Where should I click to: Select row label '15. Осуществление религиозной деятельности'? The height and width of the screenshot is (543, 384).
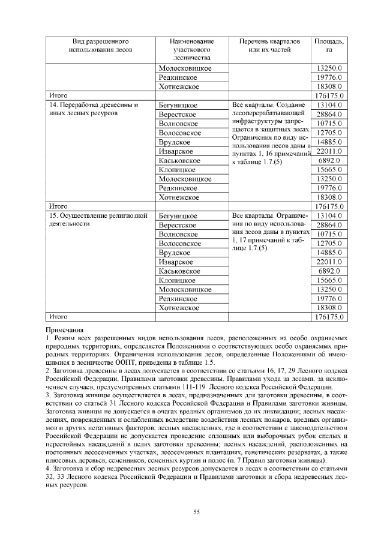pyautogui.click(x=97, y=214)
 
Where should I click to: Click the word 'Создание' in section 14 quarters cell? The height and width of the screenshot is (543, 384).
pyautogui.click(x=293, y=105)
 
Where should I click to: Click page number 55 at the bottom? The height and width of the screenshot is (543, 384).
pyautogui.click(x=196, y=511)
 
